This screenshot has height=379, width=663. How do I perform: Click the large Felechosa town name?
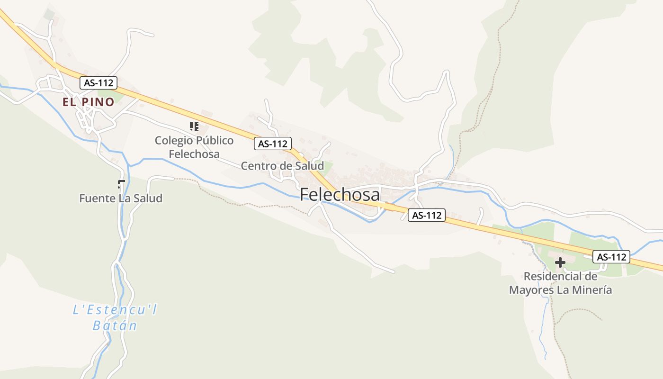click(340, 195)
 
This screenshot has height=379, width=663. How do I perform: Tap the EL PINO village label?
click(89, 102)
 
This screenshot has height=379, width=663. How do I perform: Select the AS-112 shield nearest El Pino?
click(98, 83)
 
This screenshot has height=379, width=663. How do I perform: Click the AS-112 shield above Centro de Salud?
click(272, 144)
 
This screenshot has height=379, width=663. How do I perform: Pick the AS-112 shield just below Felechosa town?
click(426, 215)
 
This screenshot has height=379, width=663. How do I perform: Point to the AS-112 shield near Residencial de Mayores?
click(611, 257)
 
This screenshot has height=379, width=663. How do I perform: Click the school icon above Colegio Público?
click(194, 126)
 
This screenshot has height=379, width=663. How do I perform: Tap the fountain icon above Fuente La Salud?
click(121, 184)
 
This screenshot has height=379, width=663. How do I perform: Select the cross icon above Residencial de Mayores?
click(560, 262)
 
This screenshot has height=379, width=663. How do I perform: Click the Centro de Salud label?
click(282, 166)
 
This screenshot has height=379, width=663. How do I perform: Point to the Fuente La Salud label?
click(121, 198)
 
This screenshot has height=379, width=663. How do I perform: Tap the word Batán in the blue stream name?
click(115, 325)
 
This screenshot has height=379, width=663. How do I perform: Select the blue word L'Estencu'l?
click(115, 310)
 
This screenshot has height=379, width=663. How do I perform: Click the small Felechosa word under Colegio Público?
click(194, 154)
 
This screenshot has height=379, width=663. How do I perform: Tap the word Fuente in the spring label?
click(97, 198)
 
